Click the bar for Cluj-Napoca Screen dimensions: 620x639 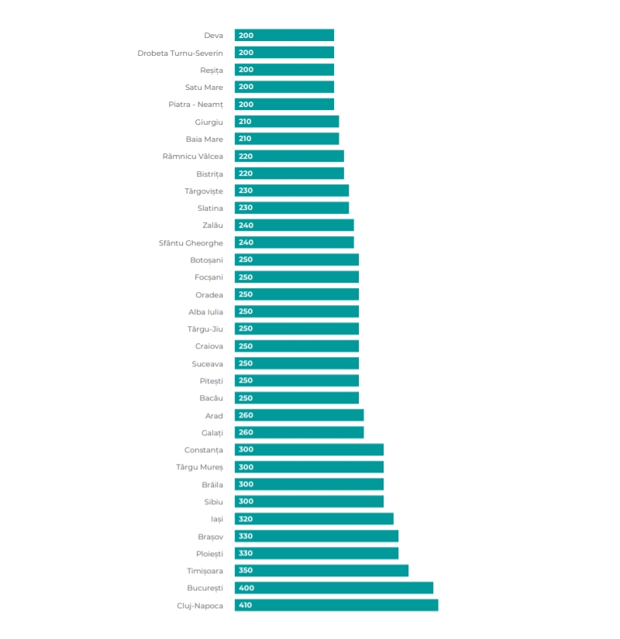336,605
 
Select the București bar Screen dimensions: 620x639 334,588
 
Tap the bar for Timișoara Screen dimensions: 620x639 322,571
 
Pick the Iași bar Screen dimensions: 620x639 314,519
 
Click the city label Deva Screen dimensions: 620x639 213,36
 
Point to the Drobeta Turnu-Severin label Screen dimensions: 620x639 180,53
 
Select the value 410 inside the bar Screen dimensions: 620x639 245,605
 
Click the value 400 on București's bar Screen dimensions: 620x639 246,588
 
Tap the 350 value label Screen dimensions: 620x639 246,571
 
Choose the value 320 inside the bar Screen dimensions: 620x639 246,519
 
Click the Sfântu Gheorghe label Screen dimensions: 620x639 191,243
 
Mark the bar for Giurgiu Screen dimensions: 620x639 287,122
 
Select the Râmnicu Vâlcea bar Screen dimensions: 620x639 289,156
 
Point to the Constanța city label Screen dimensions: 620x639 204,450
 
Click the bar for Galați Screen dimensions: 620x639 299,432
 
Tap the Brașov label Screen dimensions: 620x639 211,537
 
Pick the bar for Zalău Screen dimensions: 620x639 294,225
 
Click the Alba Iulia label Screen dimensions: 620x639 205,312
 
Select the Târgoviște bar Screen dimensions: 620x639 291,191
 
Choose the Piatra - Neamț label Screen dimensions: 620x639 196,105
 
